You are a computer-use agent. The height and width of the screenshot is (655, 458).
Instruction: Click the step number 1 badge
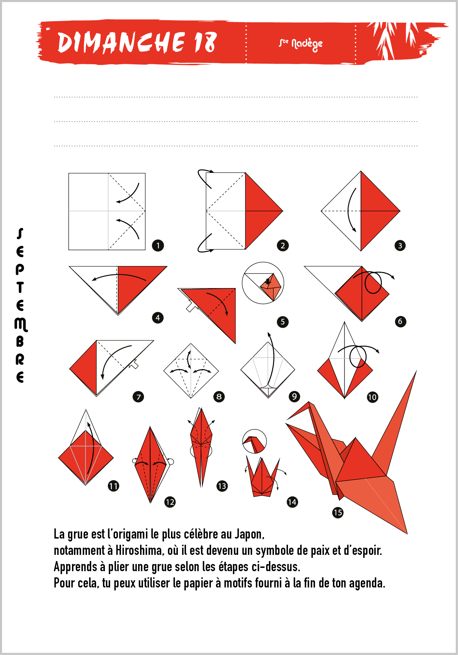pos(158,245)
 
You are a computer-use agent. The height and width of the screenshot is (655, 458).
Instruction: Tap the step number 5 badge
pos(283,322)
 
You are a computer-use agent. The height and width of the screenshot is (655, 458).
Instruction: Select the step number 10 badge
pos(372,397)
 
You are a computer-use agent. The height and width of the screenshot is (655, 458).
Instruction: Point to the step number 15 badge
pos(338,512)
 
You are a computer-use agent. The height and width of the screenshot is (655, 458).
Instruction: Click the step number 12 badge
pos(170,502)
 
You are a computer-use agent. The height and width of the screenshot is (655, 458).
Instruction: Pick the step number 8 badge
pos(219,397)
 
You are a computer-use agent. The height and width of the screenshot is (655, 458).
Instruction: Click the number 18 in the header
pos(206,42)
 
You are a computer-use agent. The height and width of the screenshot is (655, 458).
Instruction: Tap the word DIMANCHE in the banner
pos(121,42)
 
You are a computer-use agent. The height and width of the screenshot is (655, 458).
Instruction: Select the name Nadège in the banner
pos(307,44)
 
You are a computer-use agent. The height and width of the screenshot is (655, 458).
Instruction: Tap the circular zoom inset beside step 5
pos(263,283)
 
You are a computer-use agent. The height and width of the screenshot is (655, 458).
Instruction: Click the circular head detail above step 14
pos(254,441)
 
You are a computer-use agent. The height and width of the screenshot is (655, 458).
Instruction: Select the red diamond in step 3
pos(380,211)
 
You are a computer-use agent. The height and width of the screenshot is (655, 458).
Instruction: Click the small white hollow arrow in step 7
pos(134,365)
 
